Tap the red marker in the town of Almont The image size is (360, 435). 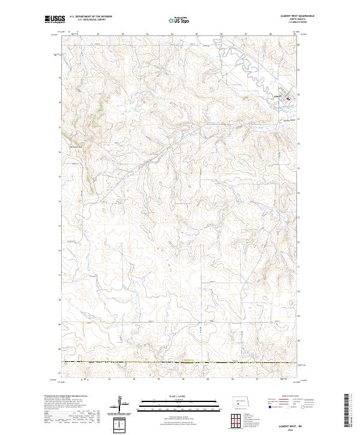pyautogui.click(x=287, y=98)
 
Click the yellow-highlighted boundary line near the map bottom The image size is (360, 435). pyautogui.click(x=180, y=362)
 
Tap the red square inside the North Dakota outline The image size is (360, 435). pyautogui.click(x=239, y=403)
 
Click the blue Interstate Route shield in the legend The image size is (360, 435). pyautogui.click(x=266, y=406)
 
